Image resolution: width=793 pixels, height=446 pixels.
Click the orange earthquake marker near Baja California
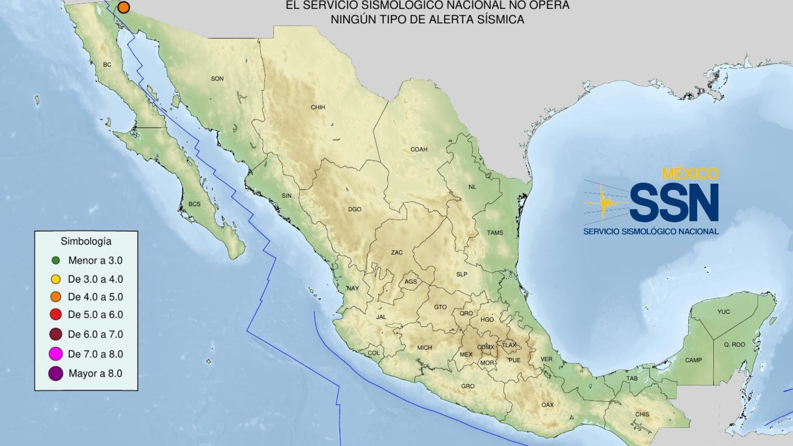123,7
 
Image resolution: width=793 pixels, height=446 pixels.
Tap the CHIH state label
318,107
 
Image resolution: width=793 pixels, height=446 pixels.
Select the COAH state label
418,149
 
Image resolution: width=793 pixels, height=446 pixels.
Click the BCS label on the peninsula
194,204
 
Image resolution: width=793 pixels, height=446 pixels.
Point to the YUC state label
724,312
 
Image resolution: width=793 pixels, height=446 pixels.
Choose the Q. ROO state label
734,344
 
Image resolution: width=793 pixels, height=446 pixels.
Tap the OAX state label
547,405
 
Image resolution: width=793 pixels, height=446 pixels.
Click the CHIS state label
642,414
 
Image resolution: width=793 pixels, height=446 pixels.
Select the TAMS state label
495,233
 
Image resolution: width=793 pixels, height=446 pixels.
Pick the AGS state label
411,282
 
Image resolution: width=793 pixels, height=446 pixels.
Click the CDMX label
485,347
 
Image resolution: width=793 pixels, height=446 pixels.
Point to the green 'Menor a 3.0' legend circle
56,261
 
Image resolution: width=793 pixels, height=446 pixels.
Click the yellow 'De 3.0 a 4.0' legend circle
56,279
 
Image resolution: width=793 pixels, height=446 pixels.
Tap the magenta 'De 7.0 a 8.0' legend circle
56,354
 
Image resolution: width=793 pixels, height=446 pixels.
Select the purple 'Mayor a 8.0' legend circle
56,373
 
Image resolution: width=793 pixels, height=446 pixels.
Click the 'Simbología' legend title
86,241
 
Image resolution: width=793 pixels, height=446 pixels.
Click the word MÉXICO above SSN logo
690,174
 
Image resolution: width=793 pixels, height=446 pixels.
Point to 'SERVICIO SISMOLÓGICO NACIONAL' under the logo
651,232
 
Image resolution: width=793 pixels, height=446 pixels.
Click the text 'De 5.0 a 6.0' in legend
95,315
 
